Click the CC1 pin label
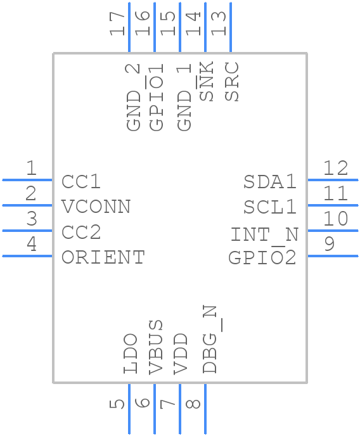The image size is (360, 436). (81, 182)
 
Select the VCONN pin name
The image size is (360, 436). (96, 207)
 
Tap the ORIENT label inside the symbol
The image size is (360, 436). (103, 257)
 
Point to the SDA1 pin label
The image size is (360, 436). (270, 182)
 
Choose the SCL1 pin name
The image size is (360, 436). (270, 207)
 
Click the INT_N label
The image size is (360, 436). (264, 234)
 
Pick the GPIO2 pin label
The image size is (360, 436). (262, 257)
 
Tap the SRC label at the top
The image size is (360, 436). (231, 82)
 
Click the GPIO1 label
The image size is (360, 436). (155, 97)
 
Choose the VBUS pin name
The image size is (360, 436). (155, 347)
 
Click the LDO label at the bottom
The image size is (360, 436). (130, 354)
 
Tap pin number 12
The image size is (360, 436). (335, 168)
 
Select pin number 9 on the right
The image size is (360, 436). (330, 244)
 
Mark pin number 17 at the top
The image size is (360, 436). (117, 23)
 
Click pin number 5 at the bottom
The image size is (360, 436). (117, 404)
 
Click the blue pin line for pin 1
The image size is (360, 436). (27, 180)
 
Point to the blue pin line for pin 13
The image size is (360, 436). (231, 27)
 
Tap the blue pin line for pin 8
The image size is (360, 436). (205, 409)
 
